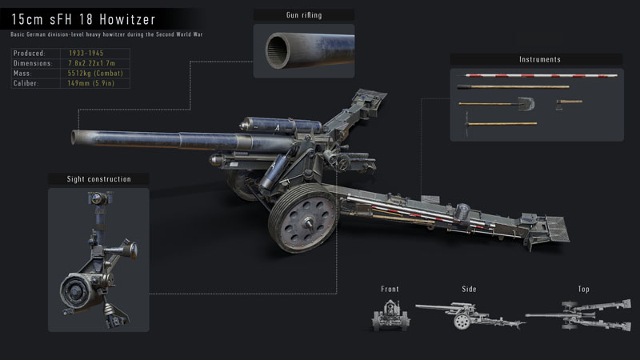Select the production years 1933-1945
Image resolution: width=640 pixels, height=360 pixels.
pyautogui.click(x=86, y=52)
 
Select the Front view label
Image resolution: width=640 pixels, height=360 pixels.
pyautogui.click(x=390, y=289)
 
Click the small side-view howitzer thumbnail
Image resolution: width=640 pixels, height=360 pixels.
pyautogui.click(x=470, y=315)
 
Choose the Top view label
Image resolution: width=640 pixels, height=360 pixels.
pyautogui.click(x=583, y=289)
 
